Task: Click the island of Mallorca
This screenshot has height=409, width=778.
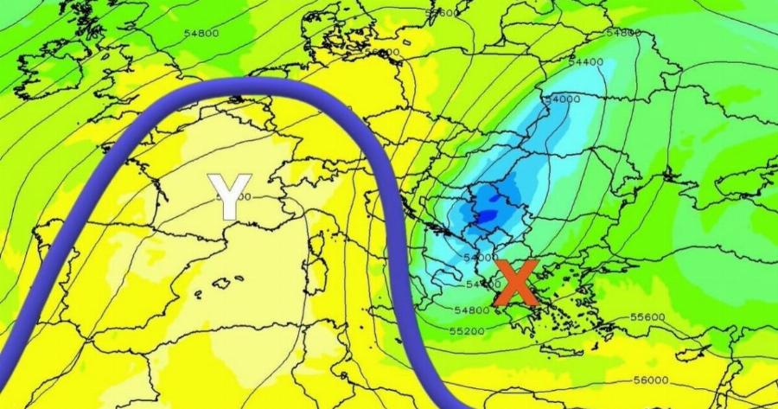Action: (x=226, y=281)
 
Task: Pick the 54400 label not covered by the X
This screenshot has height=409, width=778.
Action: (x=586, y=62)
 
